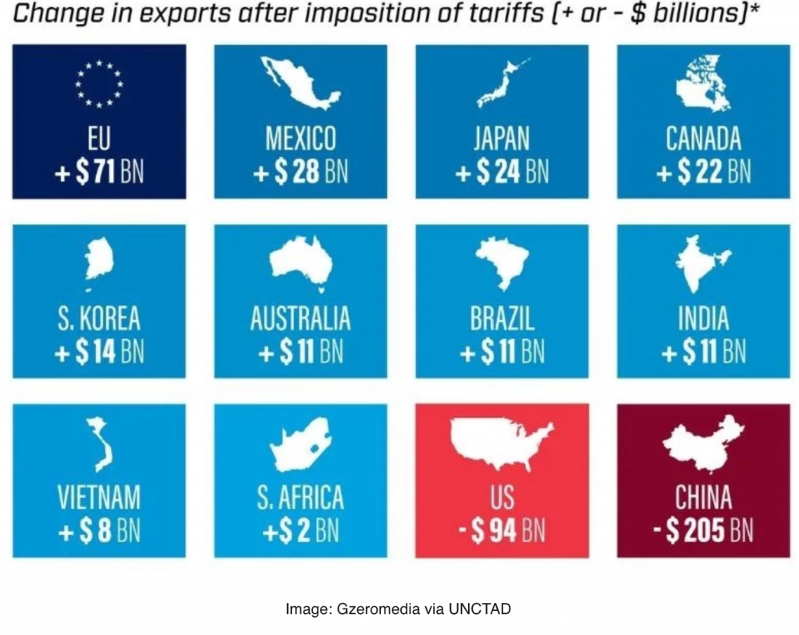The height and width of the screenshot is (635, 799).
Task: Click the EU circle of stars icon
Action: coord(99,84)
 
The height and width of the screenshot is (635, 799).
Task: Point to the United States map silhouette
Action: coord(501,441)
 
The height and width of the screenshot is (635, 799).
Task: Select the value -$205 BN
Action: coord(703,531)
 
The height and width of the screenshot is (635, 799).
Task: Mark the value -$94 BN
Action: coord(502,531)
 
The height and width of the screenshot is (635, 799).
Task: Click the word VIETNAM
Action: coord(99,498)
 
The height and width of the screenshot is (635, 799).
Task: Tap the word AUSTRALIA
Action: coord(300,319)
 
